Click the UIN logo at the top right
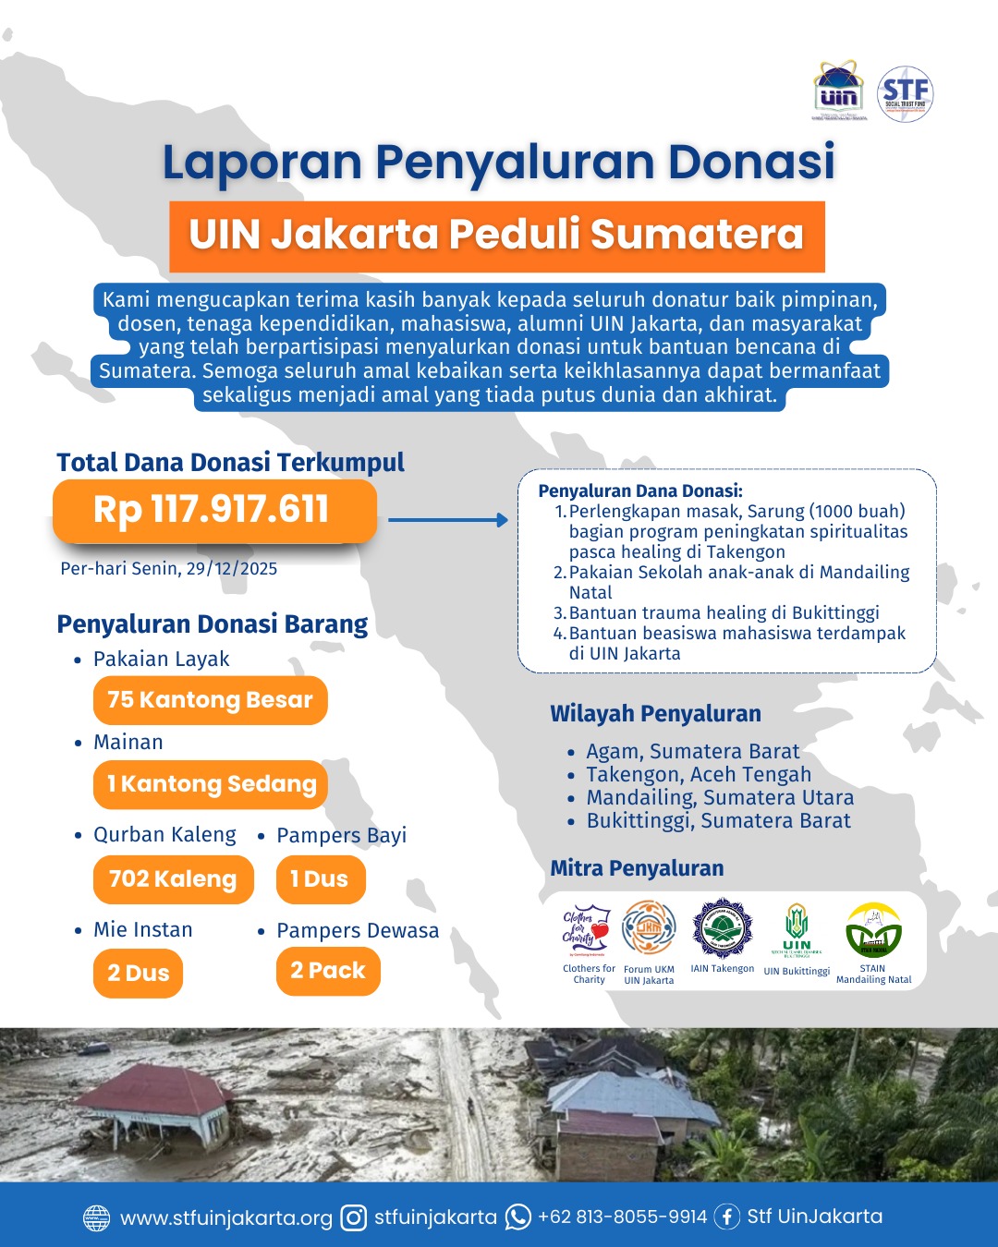tap(839, 92)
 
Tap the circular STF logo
tap(905, 93)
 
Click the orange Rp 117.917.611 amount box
tap(214, 510)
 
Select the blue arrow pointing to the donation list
tap(448, 520)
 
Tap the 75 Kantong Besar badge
tap(210, 700)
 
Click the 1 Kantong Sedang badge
tap(211, 784)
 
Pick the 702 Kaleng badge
tap(173, 879)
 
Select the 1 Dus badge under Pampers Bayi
tap(320, 879)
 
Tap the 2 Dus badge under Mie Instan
tap(138, 974)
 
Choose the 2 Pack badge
tap(328, 971)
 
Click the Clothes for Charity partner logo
tap(588, 929)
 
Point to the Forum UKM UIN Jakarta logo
tap(649, 928)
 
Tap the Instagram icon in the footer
tap(354, 1218)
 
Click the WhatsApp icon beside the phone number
tap(518, 1217)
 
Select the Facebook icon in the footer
tap(727, 1217)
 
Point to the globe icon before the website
tap(97, 1218)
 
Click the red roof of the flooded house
tap(171, 1090)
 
